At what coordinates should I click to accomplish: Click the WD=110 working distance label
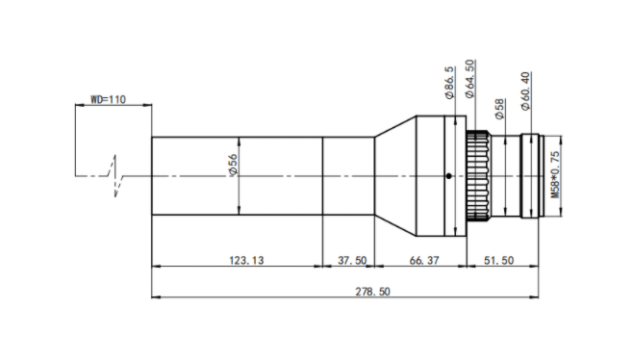point(108,99)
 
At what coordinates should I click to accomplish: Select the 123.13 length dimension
point(246,260)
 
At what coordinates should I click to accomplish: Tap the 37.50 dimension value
point(352,260)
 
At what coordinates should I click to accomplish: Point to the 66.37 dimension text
point(424,260)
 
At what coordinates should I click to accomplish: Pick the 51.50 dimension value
point(498,260)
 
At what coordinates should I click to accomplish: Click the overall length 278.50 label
point(372,292)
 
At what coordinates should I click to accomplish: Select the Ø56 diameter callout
point(234,165)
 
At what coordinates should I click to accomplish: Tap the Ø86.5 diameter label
point(449,83)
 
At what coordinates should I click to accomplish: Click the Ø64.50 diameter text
point(469,79)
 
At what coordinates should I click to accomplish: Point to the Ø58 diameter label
point(500,109)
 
